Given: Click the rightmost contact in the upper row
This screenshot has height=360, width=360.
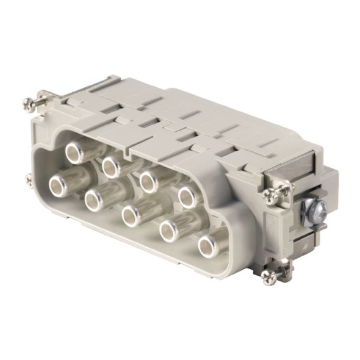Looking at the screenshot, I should (187, 196).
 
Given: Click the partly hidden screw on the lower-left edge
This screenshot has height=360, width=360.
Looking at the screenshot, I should (29, 179).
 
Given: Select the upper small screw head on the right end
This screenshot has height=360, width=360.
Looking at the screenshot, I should (270, 195).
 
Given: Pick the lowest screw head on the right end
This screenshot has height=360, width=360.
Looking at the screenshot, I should (268, 277).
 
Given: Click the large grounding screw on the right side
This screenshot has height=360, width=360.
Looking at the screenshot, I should (317, 209).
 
